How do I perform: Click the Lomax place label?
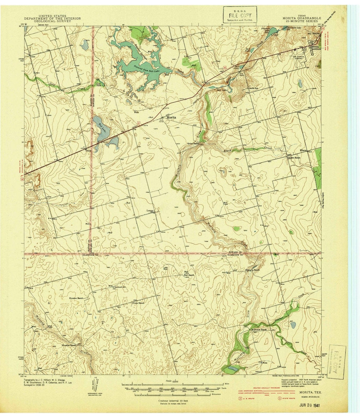[x=150, y=210]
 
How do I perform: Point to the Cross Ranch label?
[x=139, y=303]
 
